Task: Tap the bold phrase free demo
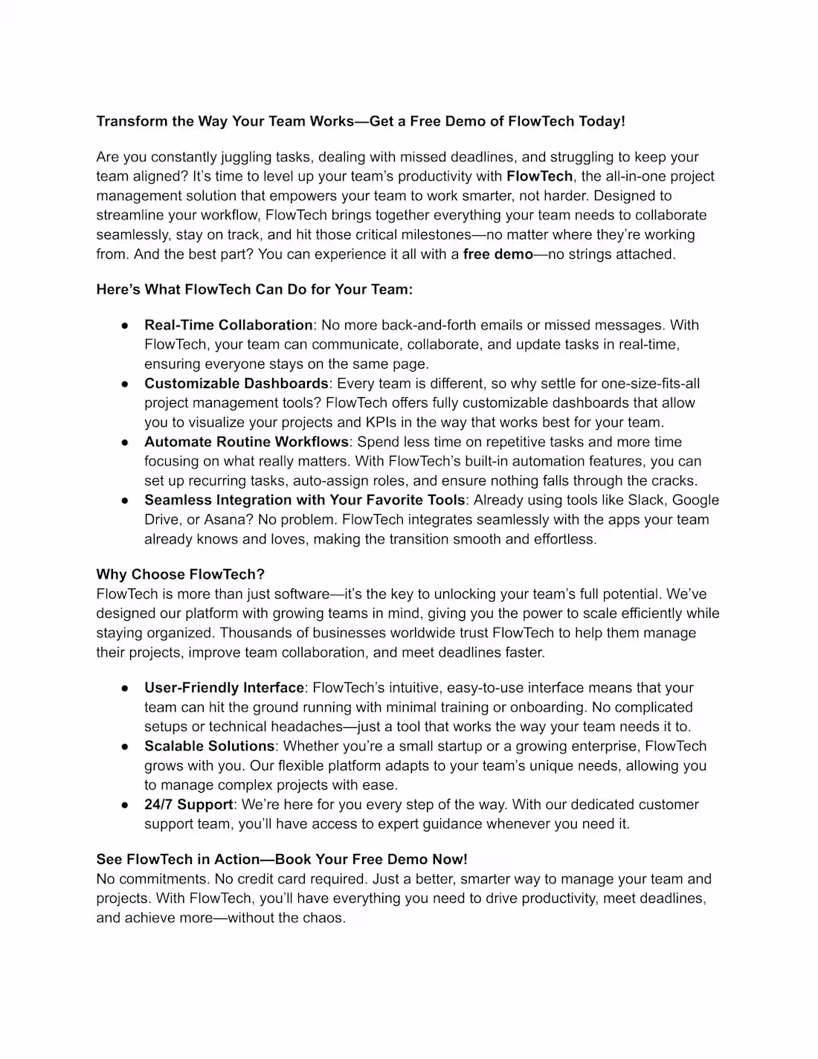(497, 254)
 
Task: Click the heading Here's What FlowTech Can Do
(254, 289)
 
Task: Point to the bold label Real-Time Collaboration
(228, 325)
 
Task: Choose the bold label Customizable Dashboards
(236, 384)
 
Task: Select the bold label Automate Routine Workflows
(246, 442)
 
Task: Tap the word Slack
(645, 500)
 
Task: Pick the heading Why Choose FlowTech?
(180, 574)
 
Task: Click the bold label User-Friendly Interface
(224, 688)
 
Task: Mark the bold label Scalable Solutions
(210, 746)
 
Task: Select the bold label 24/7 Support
(188, 805)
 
